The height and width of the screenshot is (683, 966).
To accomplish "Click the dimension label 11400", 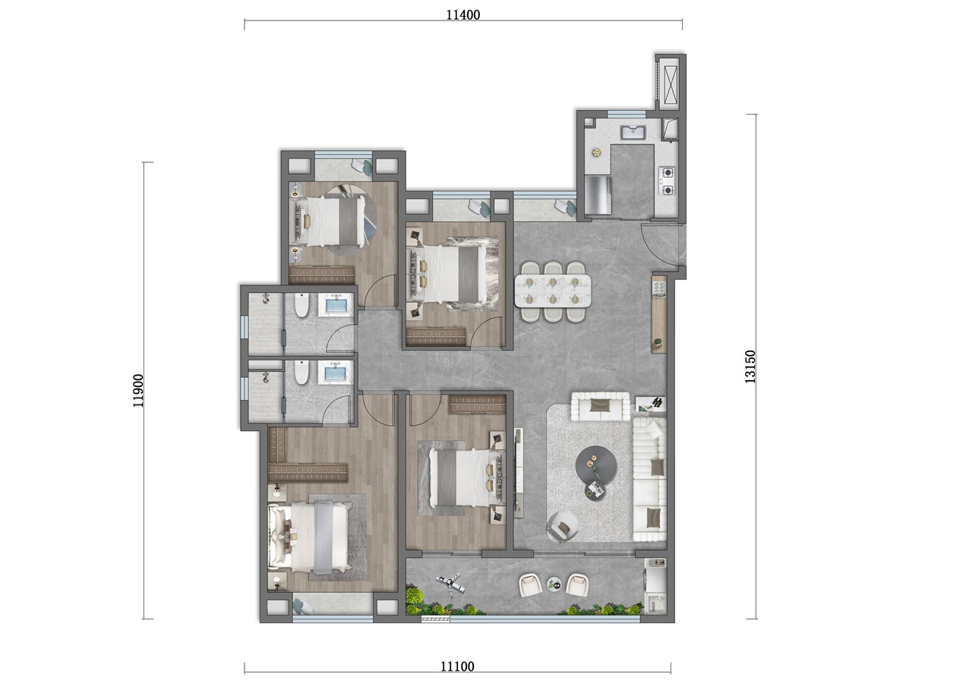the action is pos(462,15).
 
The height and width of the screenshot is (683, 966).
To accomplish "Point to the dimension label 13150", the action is pos(750,367).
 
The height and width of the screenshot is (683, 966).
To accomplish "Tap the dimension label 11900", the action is pos(137,390).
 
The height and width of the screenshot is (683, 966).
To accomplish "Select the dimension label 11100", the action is pos(457,666).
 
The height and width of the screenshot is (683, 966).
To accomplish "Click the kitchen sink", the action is pos(633,132).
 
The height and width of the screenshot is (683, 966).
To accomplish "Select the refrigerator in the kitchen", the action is pos(598,195).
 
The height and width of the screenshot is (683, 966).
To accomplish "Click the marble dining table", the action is pos(552,291).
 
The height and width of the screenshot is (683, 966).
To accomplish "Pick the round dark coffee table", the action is pos(596,466).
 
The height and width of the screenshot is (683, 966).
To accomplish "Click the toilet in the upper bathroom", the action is pos(301,304).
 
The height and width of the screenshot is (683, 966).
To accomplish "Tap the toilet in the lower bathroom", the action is pos(301,373).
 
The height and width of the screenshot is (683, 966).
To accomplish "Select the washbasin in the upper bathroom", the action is pos(336,304).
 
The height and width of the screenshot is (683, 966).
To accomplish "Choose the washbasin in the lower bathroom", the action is pos(336,373).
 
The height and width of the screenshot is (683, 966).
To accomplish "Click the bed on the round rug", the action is pos(330,221).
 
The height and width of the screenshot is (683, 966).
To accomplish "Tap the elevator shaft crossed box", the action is pos(671,84).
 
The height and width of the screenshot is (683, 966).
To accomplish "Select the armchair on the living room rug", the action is pos(562,526).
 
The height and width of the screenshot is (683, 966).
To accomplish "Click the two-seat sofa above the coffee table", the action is pos(600,406).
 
